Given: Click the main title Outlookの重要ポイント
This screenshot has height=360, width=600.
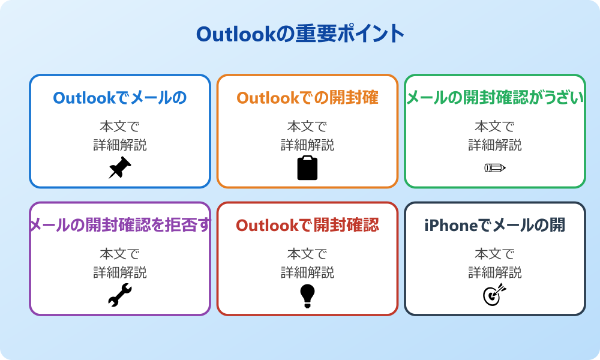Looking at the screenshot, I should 300,34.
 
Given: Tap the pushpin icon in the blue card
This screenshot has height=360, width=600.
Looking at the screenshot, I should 119,168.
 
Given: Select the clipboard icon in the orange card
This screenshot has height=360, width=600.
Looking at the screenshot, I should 307,168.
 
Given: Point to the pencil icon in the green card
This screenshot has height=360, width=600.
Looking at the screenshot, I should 494,168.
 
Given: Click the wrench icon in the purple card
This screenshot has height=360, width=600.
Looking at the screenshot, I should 119,295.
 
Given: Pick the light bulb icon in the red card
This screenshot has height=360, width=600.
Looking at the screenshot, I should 307,295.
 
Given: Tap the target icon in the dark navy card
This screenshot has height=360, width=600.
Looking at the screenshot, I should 494,295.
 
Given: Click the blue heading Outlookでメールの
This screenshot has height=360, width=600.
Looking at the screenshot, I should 119,98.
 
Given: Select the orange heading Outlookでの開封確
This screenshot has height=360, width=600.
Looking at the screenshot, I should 307,98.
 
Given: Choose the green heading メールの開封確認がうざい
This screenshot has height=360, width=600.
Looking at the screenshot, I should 494,98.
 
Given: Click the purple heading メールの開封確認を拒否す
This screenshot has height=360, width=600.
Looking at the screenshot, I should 120,225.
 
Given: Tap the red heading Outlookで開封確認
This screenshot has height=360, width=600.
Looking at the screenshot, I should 307,225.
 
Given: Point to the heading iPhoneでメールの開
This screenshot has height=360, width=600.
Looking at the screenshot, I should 494,225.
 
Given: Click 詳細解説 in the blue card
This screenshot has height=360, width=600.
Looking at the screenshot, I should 119,145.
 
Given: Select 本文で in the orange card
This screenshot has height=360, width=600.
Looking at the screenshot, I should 307,127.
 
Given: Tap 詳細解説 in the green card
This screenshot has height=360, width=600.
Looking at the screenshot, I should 494,145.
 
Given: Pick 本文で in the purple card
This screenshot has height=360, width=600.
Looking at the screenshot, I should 119,254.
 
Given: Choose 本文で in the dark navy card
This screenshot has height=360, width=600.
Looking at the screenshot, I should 494,254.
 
